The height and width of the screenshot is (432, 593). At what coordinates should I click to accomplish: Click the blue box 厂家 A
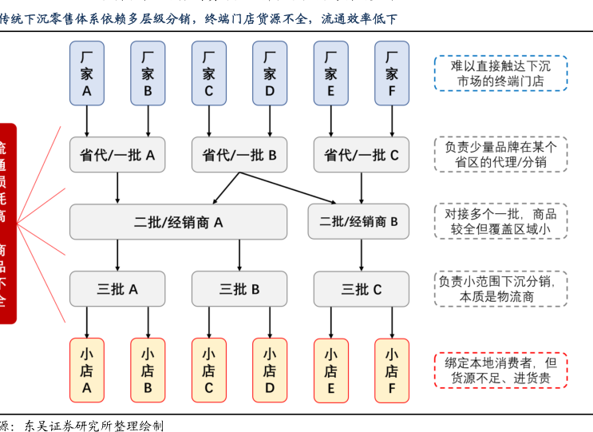pos(87,73)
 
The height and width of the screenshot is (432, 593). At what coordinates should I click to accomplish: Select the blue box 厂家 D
pos(270,73)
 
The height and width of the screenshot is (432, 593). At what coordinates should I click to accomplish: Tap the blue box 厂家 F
pos(392,73)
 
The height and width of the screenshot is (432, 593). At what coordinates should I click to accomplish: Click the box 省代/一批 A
pos(117,155)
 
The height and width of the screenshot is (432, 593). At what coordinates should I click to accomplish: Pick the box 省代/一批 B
pos(239,155)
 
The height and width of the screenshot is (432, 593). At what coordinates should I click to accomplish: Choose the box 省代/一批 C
pos(362,155)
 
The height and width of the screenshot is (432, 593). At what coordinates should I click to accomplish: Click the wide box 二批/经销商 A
pos(178,222)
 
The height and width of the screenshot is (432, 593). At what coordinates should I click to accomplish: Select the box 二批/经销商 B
pos(358,222)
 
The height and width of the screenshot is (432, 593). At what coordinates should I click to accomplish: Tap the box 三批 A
pos(117,289)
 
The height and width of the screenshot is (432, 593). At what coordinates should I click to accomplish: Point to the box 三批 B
pos(239,289)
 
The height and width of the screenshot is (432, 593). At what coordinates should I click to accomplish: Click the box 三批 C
pos(362,289)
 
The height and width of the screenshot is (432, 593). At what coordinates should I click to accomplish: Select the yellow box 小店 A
pos(87,371)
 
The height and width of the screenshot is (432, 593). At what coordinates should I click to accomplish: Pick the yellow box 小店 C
pos(209,371)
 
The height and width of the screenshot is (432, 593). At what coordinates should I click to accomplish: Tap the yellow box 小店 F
pos(392,371)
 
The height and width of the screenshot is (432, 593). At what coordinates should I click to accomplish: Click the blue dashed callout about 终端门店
pos(500,73)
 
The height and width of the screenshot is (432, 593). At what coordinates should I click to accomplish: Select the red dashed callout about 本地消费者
pos(500,371)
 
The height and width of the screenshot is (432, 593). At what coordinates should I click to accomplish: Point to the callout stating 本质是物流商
pos(500,289)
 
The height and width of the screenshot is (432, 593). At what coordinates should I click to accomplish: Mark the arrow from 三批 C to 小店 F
pos(392,323)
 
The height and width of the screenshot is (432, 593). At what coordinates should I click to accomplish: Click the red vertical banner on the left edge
pos(6,224)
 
